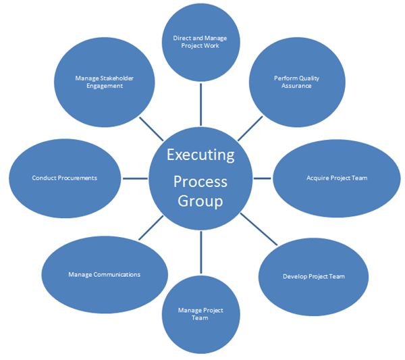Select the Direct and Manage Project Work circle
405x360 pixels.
pyautogui.click(x=200, y=42)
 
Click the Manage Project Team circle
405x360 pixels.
pyautogui.click(x=200, y=314)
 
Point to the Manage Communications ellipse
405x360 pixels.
pyautogui.click(x=105, y=275)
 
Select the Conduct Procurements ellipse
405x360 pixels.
pyautogui.click(x=65, y=178)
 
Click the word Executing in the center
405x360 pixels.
pyautogui.click(x=200, y=154)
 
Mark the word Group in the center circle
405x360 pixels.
pyautogui.click(x=200, y=201)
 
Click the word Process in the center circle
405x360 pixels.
pyautogui.click(x=200, y=181)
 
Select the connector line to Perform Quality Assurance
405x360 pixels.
pyautogui.click(x=250, y=128)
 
